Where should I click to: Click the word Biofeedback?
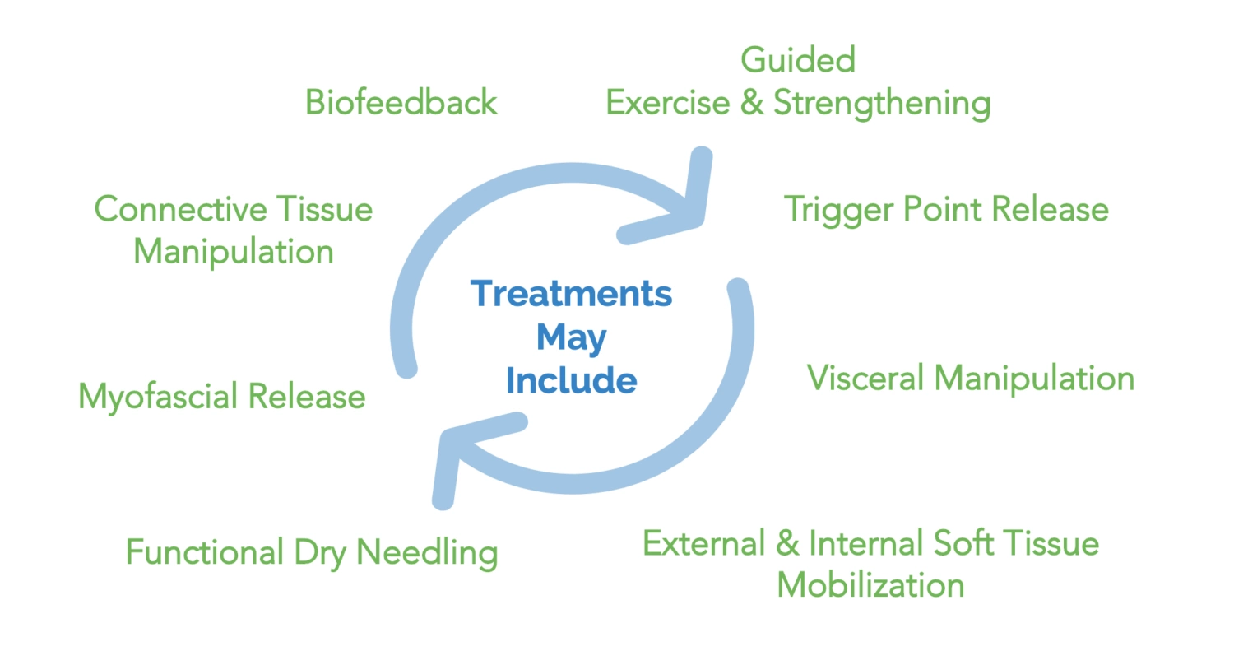[x=401, y=103]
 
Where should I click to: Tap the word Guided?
[x=797, y=61]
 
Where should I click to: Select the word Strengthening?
[x=881, y=105]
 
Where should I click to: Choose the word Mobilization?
[x=870, y=585]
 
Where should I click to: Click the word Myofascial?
[x=157, y=398]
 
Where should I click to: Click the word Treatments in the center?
[x=571, y=294]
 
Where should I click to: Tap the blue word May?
[x=571, y=338]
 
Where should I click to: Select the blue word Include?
[x=571, y=381]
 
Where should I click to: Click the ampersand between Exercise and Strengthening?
[x=751, y=104]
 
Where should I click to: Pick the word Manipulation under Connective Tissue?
[x=234, y=252]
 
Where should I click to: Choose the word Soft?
[x=970, y=544]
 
